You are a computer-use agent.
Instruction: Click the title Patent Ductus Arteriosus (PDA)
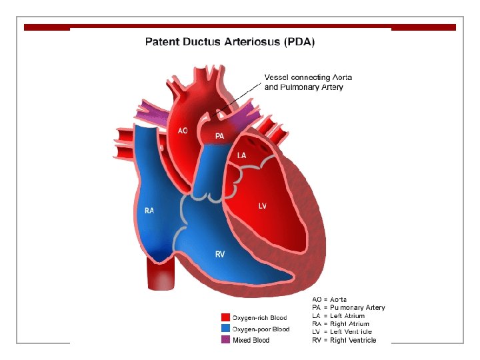pos(230,41)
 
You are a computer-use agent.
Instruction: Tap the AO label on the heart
pos(183,131)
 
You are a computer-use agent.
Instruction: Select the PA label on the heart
pos(219,136)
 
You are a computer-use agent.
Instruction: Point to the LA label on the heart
pos(243,155)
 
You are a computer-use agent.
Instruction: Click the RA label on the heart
pos(149,211)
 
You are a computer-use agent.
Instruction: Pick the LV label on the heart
pos(263,206)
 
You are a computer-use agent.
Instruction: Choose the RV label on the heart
pos(220,254)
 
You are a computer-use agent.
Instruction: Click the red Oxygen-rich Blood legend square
pos(225,317)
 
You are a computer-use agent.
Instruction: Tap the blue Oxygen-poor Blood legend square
pos(225,329)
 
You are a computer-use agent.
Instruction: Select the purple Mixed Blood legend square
pos(225,340)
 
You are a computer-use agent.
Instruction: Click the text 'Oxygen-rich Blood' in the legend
pos(259,317)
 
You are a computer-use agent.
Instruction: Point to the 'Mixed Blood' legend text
pos(251,340)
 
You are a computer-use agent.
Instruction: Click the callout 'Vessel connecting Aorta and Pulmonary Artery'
pos(308,82)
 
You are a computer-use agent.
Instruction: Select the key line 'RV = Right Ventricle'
pos(344,340)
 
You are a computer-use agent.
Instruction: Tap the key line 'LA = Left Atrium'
pos(338,316)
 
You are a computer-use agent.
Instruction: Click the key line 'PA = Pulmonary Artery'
pos(348,307)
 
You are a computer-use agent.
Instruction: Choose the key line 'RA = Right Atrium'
pos(340,324)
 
